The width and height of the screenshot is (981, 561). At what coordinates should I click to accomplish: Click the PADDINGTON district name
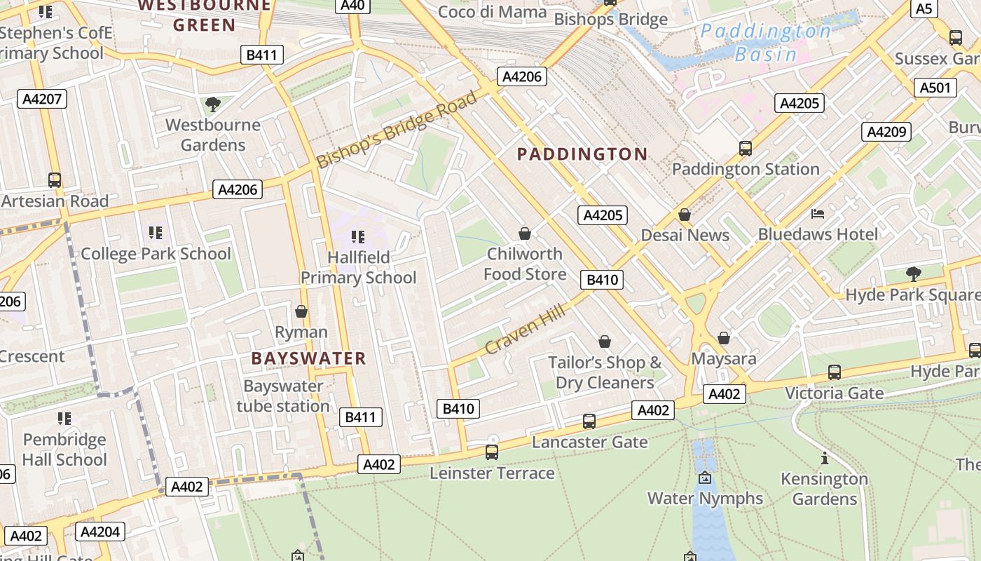tap(582, 154)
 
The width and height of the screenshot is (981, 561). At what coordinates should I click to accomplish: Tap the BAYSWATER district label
tap(309, 358)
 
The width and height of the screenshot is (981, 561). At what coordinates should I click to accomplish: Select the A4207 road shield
tap(42, 99)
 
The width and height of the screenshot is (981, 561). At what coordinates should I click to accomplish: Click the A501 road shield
tap(935, 88)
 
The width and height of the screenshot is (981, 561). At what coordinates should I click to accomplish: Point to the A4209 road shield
tap(886, 132)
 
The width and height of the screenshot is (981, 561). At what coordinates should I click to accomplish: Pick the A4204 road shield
tap(100, 532)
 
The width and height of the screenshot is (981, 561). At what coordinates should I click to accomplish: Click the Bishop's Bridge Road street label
tap(396, 130)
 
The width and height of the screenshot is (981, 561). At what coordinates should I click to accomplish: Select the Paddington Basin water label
tap(766, 42)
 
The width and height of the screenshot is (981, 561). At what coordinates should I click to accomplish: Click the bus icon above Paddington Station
tap(746, 149)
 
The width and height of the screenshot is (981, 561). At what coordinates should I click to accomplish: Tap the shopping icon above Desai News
tap(685, 215)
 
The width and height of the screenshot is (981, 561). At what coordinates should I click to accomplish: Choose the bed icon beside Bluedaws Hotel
tap(817, 214)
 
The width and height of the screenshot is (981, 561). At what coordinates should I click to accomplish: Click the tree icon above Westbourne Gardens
tap(213, 105)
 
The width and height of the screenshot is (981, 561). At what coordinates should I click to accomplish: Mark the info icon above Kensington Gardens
tap(825, 459)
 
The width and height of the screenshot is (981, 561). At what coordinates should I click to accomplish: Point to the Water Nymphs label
tap(705, 498)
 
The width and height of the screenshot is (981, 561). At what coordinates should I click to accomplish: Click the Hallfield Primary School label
tap(359, 268)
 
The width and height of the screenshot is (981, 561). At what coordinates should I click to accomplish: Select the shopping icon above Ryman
tap(301, 311)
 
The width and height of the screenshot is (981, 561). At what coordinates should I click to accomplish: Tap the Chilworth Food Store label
tap(525, 264)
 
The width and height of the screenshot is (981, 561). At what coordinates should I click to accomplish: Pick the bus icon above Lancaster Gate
tap(589, 421)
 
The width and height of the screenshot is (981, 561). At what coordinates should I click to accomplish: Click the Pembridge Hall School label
tap(64, 450)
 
